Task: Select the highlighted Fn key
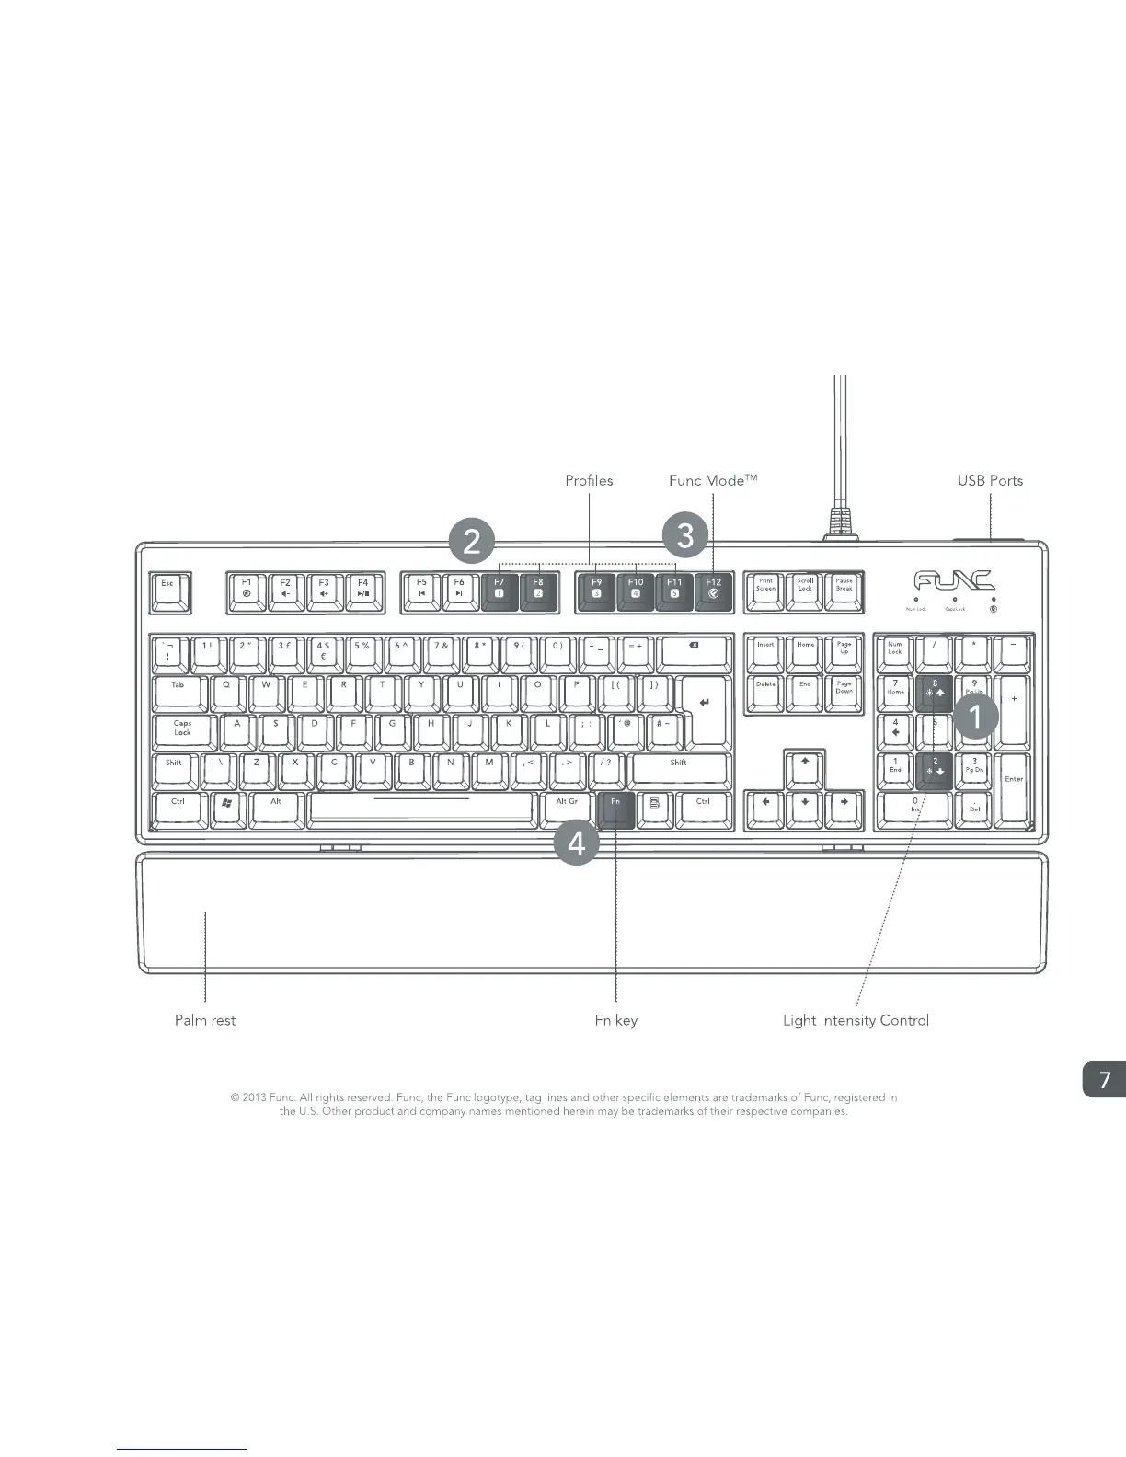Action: click(615, 808)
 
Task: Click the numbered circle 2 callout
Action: click(472, 542)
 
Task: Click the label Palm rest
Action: click(205, 1020)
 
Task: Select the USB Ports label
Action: click(990, 480)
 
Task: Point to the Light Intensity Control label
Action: click(856, 1020)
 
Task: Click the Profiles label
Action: click(589, 480)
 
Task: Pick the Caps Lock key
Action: click(183, 731)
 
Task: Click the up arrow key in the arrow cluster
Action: click(805, 767)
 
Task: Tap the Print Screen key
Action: click(765, 590)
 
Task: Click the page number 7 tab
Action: click(1105, 1080)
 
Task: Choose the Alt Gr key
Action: click(567, 808)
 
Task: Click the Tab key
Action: click(178, 692)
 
